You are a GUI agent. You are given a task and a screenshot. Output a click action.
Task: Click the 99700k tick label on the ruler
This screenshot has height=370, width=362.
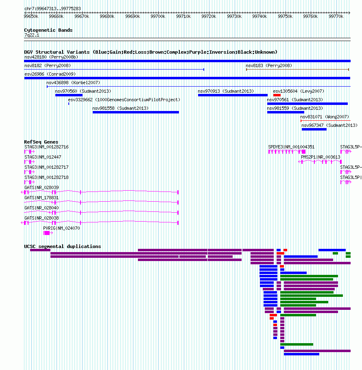click(x=158, y=17)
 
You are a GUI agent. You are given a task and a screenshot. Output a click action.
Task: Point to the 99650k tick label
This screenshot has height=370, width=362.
click(x=31, y=17)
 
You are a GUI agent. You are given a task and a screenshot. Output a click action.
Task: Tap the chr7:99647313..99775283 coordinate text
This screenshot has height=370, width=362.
click(x=52, y=9)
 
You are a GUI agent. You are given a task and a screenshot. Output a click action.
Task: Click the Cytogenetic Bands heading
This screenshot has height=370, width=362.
click(x=48, y=30)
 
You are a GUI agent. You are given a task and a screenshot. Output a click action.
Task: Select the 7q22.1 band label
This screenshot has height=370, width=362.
click(x=32, y=35)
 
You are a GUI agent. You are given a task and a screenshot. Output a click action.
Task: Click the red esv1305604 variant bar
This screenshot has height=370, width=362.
click(x=277, y=95)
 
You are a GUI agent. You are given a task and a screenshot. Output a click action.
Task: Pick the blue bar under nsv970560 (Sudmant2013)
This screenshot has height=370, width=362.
click(x=69, y=95)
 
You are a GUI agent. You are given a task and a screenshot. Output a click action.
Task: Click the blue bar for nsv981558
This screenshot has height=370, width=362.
click(x=136, y=112)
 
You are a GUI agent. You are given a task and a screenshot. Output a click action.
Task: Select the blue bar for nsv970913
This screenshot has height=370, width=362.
click(x=233, y=95)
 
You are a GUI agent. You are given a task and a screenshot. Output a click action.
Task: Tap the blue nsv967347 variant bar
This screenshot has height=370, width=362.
click(x=314, y=129)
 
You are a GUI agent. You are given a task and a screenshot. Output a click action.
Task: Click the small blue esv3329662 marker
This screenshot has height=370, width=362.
click(x=69, y=104)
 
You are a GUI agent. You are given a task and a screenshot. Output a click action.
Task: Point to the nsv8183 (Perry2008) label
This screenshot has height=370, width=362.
click(x=269, y=65)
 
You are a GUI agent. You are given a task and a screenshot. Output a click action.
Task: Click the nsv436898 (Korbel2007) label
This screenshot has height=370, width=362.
click(x=73, y=83)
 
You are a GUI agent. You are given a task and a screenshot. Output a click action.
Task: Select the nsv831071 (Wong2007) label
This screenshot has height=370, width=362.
click(x=325, y=117)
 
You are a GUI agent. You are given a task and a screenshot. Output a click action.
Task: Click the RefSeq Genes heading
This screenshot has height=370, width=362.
click(x=41, y=142)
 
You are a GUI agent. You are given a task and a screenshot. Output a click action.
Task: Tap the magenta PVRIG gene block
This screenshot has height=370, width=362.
click(x=47, y=233)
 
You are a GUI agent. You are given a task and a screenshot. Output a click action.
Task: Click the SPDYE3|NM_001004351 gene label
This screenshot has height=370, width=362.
click(x=291, y=147)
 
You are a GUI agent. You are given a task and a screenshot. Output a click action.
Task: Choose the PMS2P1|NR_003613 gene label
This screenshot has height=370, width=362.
click(x=321, y=157)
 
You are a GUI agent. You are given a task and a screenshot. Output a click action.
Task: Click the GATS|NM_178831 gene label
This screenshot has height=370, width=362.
click(x=41, y=198)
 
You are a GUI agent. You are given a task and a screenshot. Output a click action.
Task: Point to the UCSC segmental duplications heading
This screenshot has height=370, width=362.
click(x=63, y=246)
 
